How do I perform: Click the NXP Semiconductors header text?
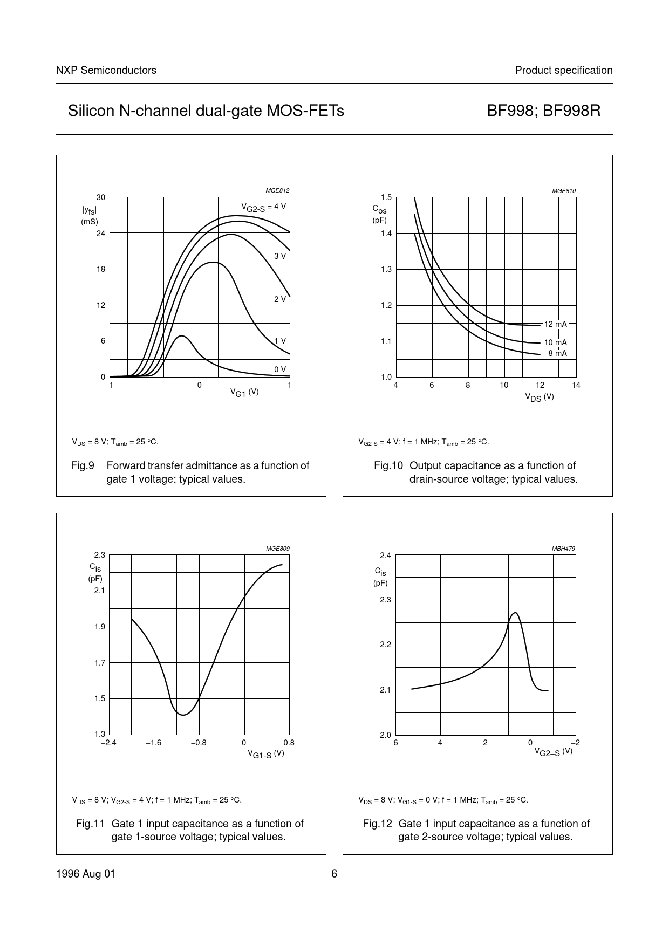click(106, 70)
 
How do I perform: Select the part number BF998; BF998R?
click(543, 111)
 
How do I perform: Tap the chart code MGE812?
click(277, 190)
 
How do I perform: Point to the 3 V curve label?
click(280, 256)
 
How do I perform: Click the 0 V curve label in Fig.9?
click(280, 369)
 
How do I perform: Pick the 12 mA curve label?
click(555, 324)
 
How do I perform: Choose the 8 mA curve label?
click(557, 353)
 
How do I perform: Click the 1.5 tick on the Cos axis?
click(386, 197)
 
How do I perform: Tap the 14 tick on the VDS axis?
click(576, 385)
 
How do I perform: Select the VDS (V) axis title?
click(540, 397)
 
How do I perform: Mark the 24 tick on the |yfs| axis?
click(101, 234)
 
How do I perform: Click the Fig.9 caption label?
click(83, 465)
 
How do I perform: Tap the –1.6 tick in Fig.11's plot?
click(154, 743)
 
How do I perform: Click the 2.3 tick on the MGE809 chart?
click(99, 555)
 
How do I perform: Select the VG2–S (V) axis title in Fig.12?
click(553, 751)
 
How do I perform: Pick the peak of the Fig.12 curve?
click(515, 613)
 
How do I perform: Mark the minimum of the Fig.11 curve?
click(183, 715)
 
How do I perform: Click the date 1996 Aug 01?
click(86, 874)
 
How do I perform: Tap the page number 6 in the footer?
click(334, 874)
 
